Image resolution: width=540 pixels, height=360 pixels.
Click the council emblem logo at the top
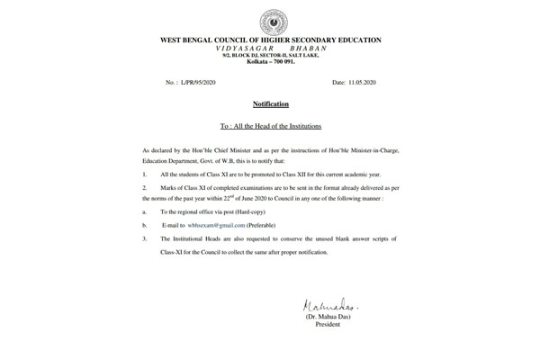[271, 21]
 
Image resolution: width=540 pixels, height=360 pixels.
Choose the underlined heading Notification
[270, 104]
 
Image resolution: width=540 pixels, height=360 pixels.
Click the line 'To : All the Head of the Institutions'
[270, 125]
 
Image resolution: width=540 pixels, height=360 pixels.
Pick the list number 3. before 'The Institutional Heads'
[145, 238]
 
